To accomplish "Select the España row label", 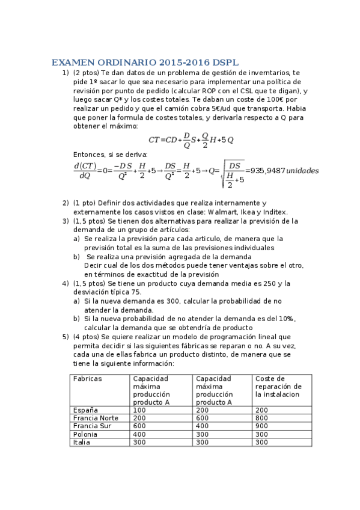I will pyautogui.click(x=84, y=410).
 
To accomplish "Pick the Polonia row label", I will pyautogui.click(x=85, y=434).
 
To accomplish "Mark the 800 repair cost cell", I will pyautogui.click(x=261, y=417).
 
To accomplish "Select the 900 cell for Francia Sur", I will pyautogui.click(x=261, y=426).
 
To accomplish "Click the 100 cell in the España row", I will pyautogui.click(x=139, y=410).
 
